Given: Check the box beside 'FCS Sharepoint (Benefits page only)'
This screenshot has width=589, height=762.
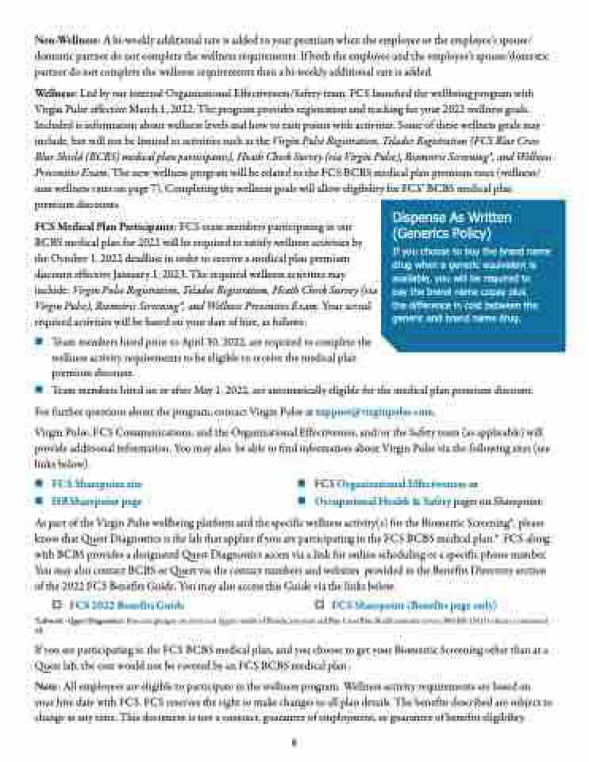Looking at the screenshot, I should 319,605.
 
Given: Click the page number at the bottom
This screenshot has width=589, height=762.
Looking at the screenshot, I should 294,744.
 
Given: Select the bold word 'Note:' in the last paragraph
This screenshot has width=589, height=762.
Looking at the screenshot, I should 48,683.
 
